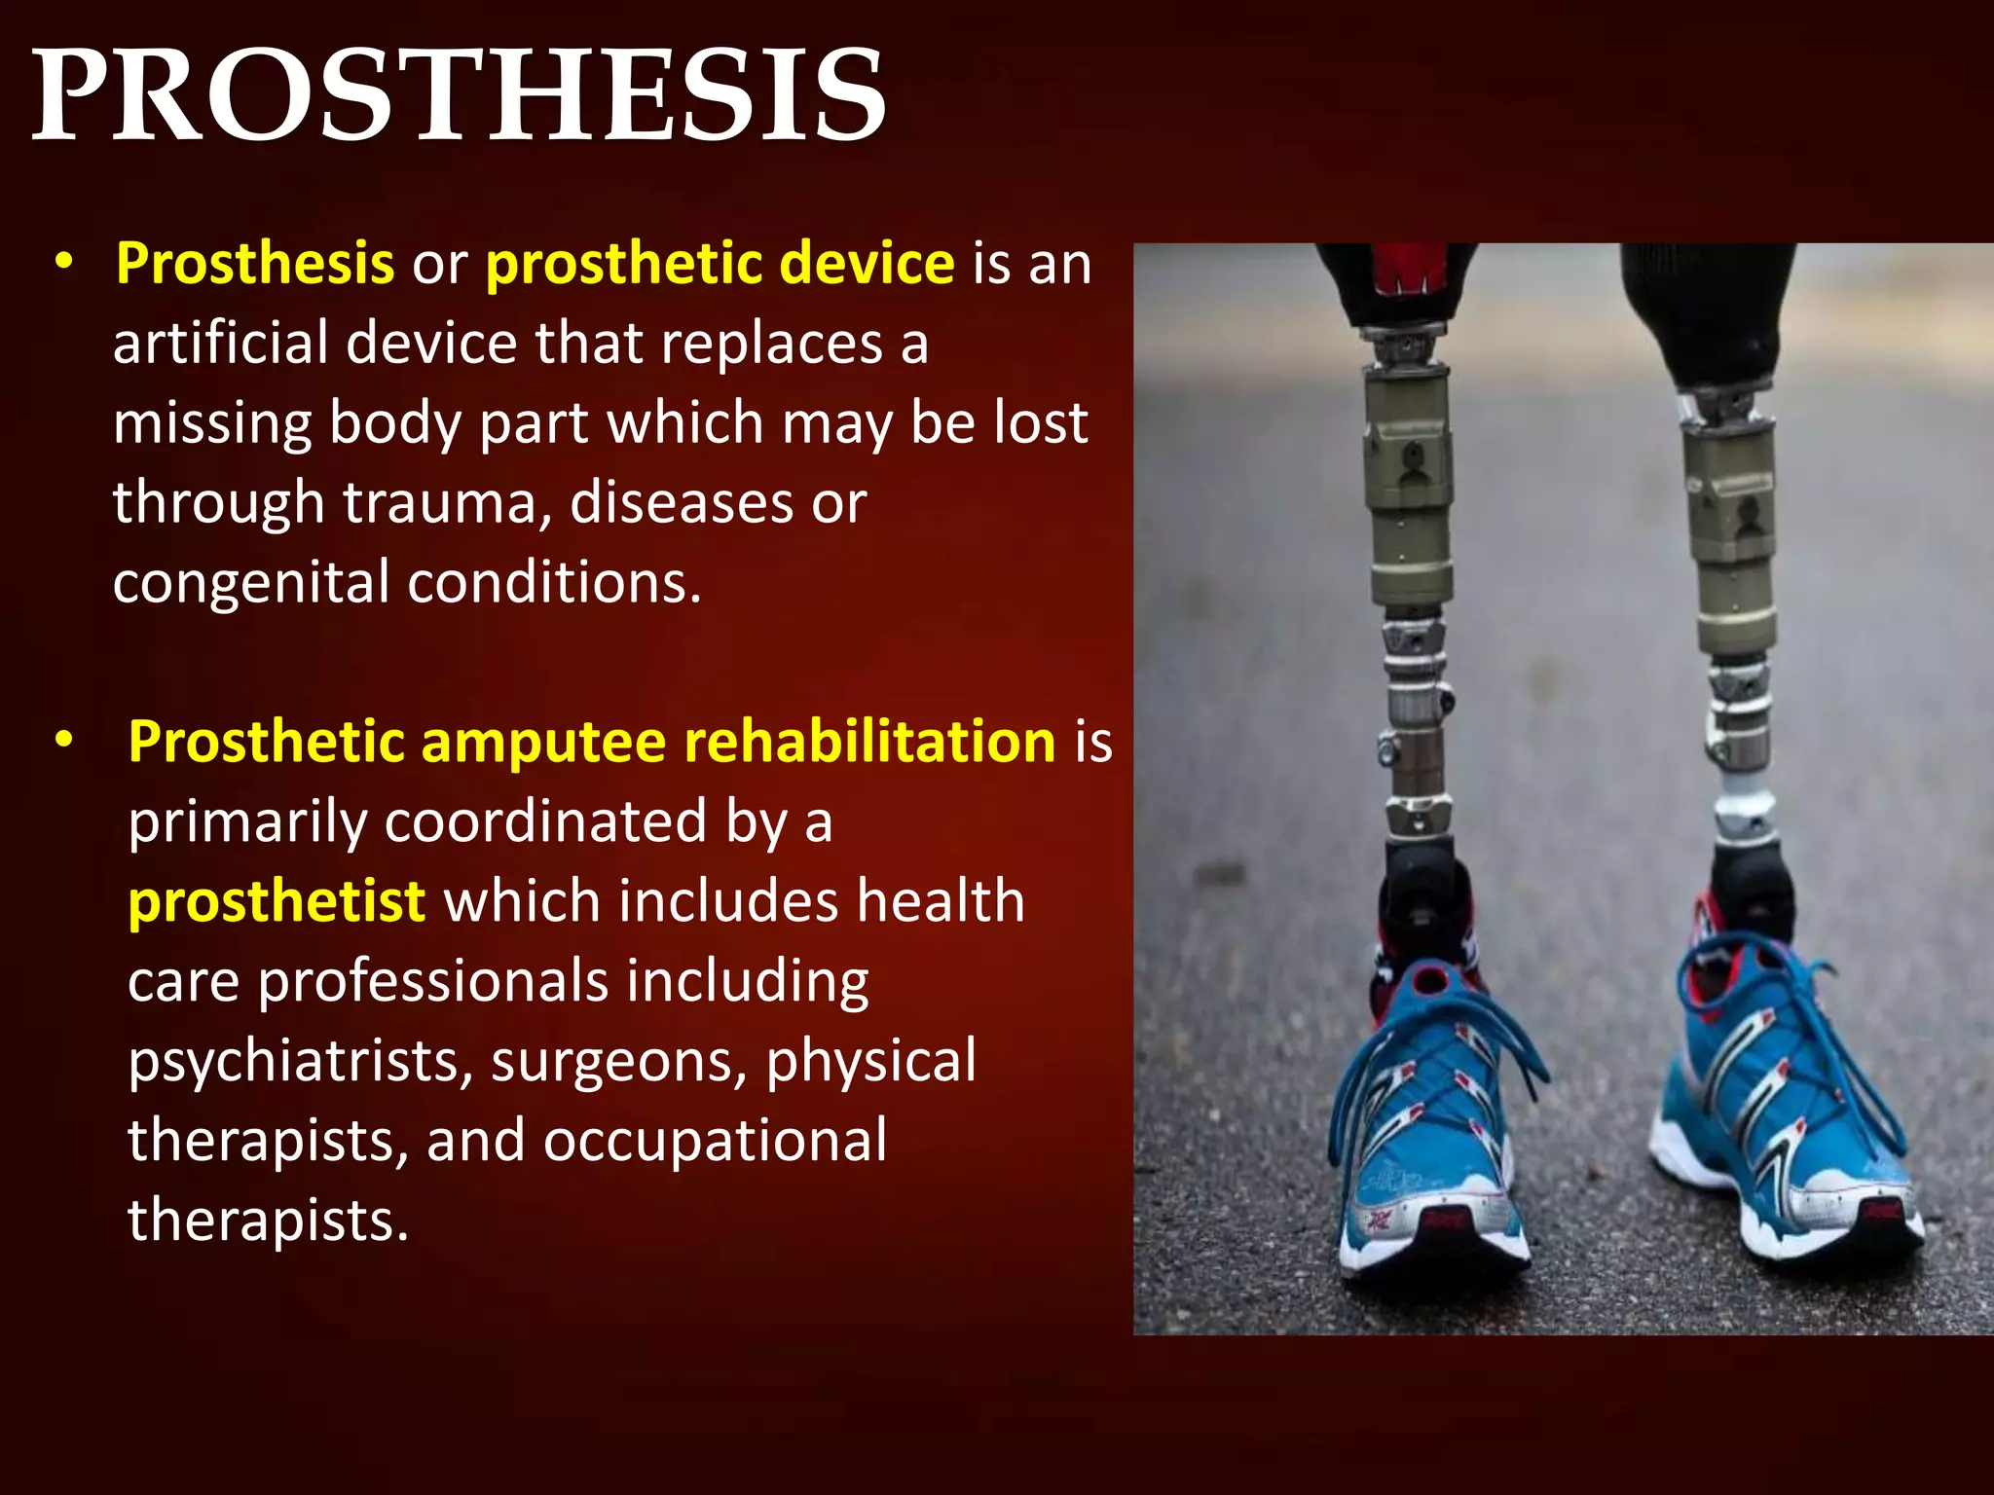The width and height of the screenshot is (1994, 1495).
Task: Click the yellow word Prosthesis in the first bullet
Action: (254, 264)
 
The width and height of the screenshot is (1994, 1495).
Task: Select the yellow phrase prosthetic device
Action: (720, 264)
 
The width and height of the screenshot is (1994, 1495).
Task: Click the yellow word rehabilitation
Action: (869, 742)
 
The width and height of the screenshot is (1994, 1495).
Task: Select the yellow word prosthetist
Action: (277, 901)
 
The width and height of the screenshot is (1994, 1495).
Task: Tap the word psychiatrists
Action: (299, 1060)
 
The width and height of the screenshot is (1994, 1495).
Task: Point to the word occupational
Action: (715, 1140)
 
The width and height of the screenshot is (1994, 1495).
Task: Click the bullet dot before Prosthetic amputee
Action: (64, 741)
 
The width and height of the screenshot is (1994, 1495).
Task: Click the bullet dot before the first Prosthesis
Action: (64, 263)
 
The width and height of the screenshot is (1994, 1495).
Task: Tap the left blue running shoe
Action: (1431, 1119)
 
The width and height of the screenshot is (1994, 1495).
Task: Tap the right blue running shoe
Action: (1782, 1100)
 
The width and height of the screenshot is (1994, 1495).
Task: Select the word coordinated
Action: (545, 821)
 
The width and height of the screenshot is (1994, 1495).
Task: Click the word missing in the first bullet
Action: (211, 423)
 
